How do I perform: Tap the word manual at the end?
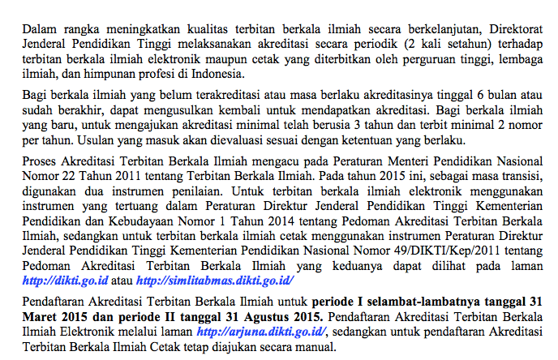coord(313,348)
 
